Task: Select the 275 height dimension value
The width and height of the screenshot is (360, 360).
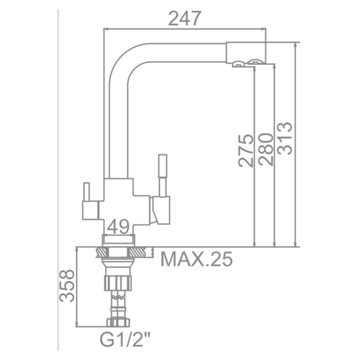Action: click(245, 151)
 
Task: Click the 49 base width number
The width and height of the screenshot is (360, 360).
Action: click(118, 227)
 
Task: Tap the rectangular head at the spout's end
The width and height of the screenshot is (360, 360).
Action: click(245, 51)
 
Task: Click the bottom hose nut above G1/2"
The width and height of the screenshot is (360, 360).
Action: click(118, 322)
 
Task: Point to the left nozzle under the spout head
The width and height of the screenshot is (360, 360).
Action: click(238, 64)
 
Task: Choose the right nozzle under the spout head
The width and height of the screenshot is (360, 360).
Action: click(256, 62)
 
